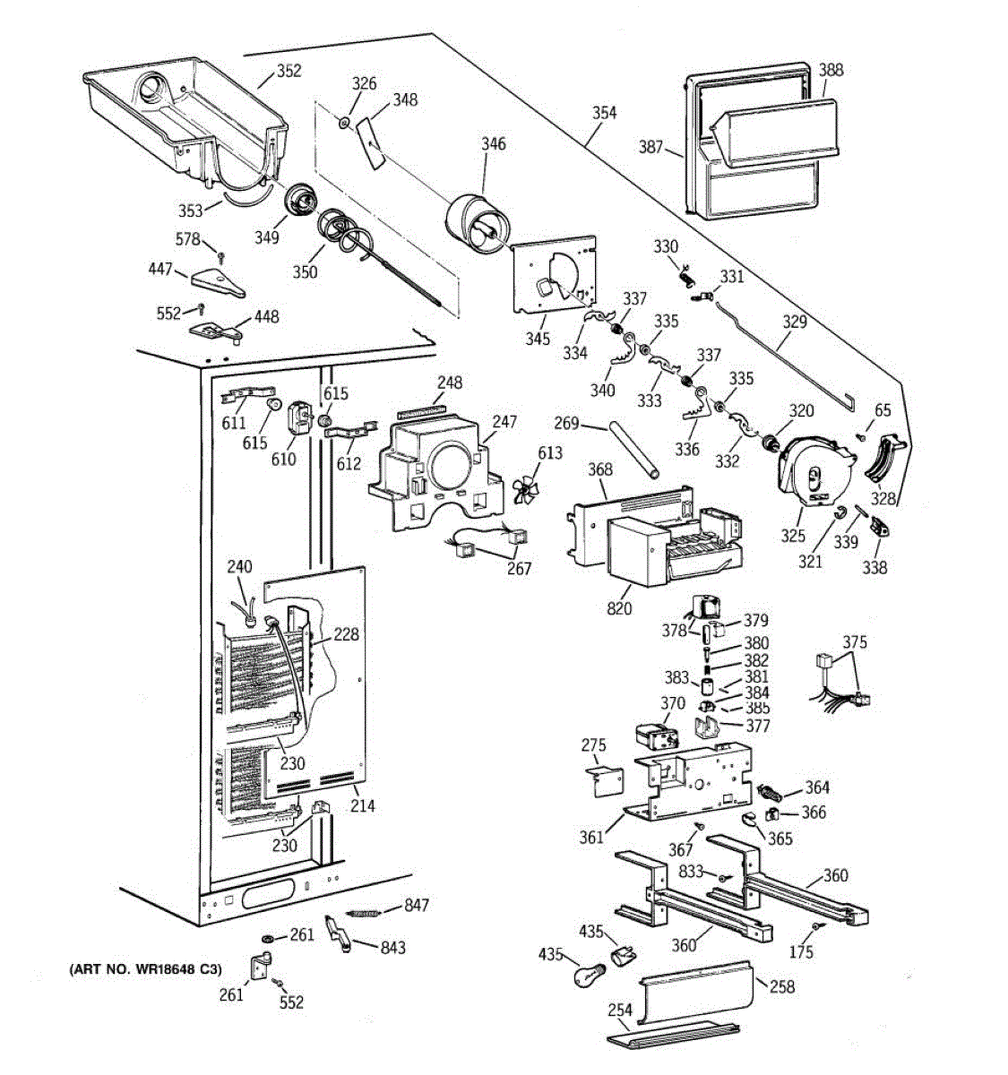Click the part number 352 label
click(x=289, y=71)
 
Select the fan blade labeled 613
click(x=524, y=489)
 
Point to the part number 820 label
click(x=618, y=608)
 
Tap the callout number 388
click(x=831, y=70)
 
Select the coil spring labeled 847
click(x=363, y=913)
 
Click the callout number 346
click(x=494, y=143)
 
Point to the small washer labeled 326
click(x=344, y=123)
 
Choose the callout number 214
click(x=362, y=805)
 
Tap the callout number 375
click(x=854, y=642)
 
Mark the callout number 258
click(x=782, y=986)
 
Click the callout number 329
click(x=795, y=322)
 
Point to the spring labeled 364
click(x=771, y=793)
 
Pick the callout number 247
click(x=504, y=422)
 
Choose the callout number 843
click(x=392, y=947)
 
